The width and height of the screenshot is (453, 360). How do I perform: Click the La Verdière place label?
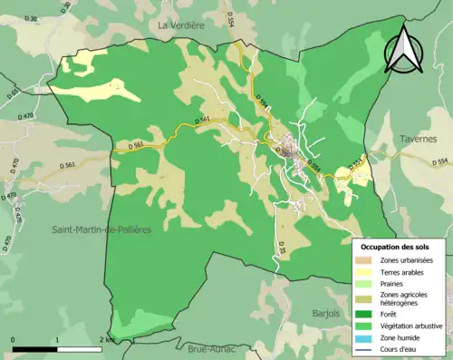coord(182,26)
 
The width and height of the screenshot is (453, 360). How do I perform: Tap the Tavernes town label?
coord(416,139)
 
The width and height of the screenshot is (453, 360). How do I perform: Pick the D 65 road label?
coord(13,92)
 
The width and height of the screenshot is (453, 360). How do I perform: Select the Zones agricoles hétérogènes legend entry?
coord(404,299)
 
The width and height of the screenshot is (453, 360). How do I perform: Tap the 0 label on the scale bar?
coord(14,339)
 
